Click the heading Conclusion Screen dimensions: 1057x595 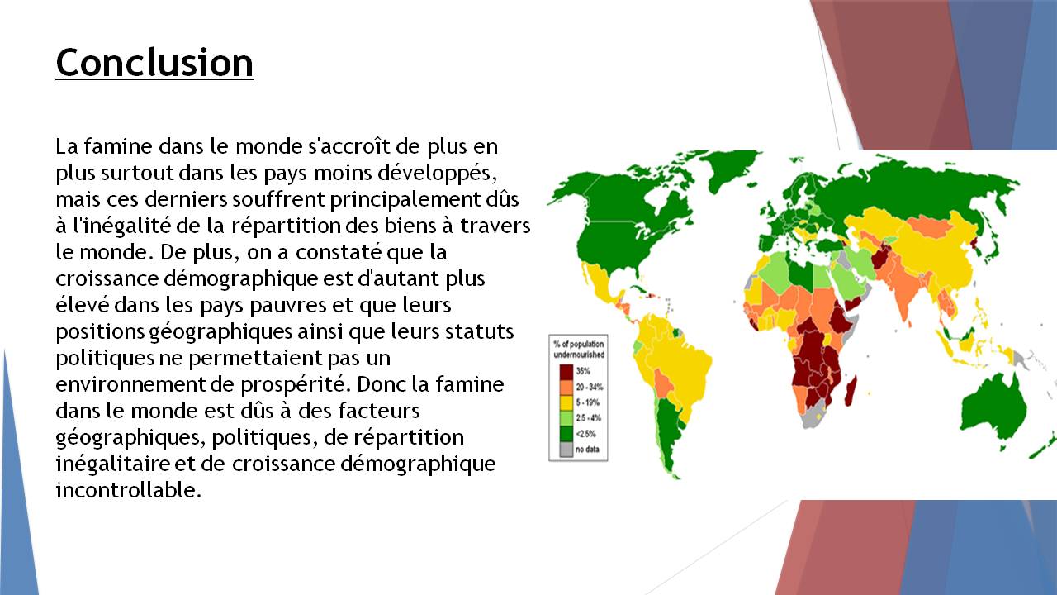pos(154,63)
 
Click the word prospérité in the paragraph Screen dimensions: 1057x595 pos(293,384)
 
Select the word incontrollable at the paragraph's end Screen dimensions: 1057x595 pos(128,490)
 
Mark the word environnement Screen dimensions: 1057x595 pos(130,384)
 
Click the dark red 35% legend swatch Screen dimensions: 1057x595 pos(566,371)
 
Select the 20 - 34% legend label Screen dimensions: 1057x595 pos(590,387)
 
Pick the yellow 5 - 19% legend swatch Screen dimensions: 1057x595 pos(566,402)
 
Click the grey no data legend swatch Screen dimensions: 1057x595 pos(566,449)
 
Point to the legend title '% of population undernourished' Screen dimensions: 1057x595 pos(579,349)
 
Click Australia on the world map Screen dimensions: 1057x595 pos(993,412)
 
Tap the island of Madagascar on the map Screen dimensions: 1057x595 pos(850,392)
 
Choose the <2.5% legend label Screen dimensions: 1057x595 pos(585,434)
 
